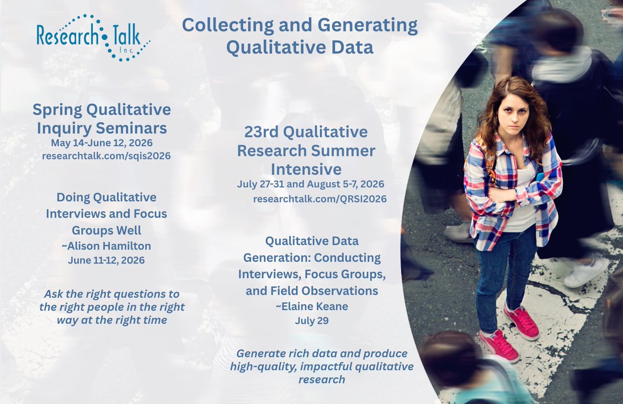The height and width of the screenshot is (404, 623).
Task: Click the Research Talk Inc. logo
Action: click(92, 37)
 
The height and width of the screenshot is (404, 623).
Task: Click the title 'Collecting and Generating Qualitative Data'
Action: click(300, 36)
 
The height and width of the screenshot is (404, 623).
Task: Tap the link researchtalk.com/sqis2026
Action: click(106, 156)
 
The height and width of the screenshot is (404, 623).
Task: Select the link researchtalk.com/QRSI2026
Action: click(320, 199)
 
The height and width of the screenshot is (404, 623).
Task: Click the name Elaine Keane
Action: click(311, 307)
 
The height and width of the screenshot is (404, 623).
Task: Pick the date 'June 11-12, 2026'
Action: click(106, 260)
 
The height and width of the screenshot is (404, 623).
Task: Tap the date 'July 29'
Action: click(311, 321)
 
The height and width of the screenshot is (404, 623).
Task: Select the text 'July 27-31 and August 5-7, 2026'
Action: click(310, 184)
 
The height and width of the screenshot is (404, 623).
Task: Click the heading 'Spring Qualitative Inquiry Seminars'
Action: click(102, 118)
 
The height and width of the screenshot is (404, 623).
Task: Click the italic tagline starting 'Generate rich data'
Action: click(321, 367)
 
